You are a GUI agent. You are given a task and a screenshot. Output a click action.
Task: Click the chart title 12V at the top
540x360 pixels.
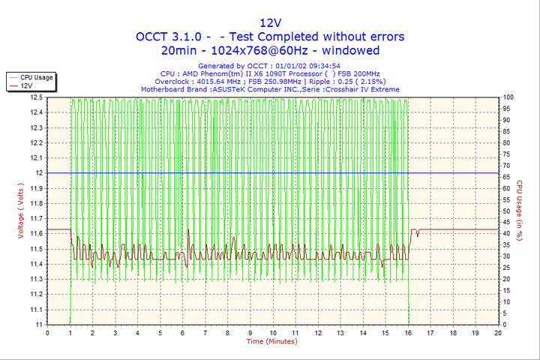click(x=270, y=22)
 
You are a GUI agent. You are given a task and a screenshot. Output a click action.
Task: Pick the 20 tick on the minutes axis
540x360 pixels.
click(x=498, y=332)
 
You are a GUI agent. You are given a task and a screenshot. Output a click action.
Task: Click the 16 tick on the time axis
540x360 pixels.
click(x=408, y=332)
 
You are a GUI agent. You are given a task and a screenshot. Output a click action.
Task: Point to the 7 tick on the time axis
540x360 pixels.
click(x=205, y=332)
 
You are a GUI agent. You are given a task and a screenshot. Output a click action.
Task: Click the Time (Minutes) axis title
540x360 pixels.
click(x=272, y=341)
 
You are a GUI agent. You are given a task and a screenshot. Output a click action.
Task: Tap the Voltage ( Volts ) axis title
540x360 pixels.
click(x=21, y=211)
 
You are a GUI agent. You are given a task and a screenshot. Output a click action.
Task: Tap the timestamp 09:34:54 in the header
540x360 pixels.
click(x=319, y=66)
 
